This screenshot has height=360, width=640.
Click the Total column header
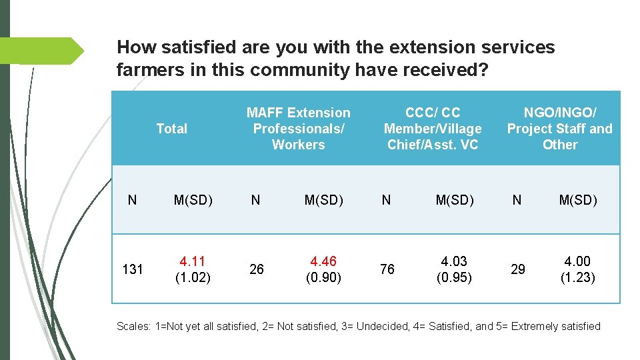coord(171,129)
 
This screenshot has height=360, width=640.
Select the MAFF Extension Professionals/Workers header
coord(298,129)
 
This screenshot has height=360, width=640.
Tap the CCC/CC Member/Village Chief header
coord(433,129)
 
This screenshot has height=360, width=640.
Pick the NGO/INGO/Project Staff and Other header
coord(559,129)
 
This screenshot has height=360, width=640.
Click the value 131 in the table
coord(133,269)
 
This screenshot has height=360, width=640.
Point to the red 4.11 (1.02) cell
coord(193,269)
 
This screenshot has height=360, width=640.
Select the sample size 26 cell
coord(256,269)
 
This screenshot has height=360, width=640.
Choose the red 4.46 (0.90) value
coord(323,269)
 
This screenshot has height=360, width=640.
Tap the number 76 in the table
coord(387,269)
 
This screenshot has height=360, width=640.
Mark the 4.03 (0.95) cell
coord(454,269)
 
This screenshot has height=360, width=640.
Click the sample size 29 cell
coord(517,269)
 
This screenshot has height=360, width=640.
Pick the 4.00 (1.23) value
coord(577,269)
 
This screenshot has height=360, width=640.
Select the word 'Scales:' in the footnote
coord(133,326)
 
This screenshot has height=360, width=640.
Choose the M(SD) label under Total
coord(193,200)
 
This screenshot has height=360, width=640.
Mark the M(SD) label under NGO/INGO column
coord(577,200)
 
